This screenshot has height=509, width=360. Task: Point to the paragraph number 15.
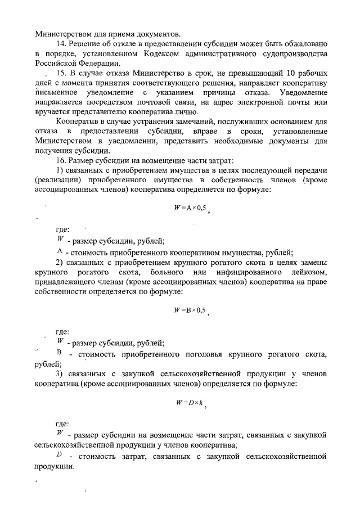click(x=60, y=73)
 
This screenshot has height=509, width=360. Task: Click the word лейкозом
click(x=309, y=273)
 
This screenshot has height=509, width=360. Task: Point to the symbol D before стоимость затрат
click(x=59, y=454)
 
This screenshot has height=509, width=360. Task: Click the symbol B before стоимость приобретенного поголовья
click(x=59, y=353)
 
